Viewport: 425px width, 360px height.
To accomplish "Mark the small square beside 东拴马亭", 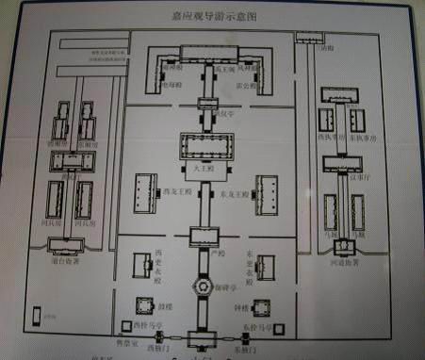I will click(x=275, y=330).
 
